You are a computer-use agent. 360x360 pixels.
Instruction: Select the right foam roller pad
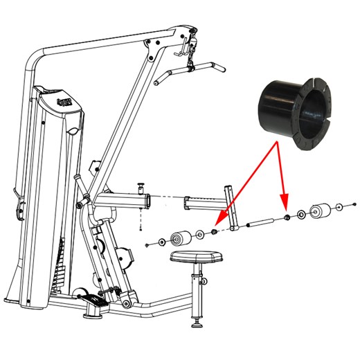[321, 211]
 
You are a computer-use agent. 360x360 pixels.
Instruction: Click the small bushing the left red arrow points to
[215, 231]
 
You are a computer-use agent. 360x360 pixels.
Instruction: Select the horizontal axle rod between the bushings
[262, 223]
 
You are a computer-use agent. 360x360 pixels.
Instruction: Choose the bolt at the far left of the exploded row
[150, 244]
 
